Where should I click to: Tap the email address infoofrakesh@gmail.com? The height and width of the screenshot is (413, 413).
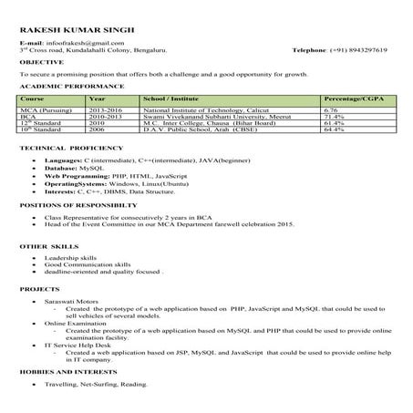tap(86, 42)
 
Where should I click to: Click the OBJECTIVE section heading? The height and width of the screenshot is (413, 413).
tap(42, 62)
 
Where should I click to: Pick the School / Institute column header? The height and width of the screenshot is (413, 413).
tap(173, 97)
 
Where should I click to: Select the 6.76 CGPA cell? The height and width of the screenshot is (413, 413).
tap(331, 109)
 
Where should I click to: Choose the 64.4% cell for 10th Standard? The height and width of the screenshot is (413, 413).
tap(334, 129)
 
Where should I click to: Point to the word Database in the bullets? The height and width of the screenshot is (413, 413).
tap(60, 168)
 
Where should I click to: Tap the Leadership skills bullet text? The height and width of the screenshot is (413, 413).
tap(69, 259)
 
